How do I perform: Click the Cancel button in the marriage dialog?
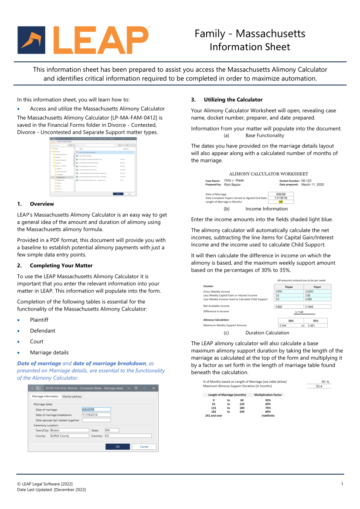point(144,446)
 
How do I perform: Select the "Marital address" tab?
point(72,396)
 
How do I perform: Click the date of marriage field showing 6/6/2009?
point(96,409)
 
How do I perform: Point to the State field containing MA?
point(112,430)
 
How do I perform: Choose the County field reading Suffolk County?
point(69,435)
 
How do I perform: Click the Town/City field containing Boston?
point(69,430)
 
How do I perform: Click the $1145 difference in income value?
point(299,312)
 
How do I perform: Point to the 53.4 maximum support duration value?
point(319,386)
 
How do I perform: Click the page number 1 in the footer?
point(342,484)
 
